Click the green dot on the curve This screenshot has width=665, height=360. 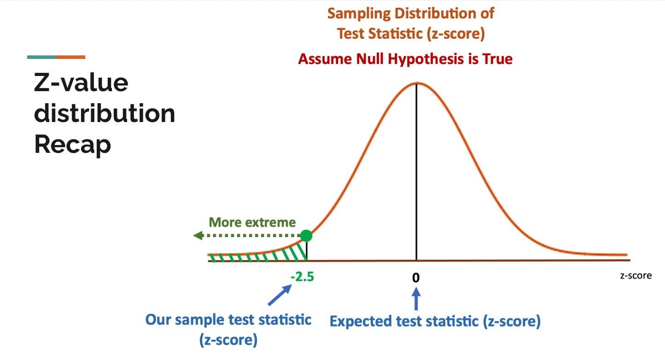(306, 236)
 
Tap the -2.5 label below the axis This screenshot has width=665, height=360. (302, 277)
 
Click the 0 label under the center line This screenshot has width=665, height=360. (416, 278)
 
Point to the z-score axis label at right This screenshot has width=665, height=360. (636, 276)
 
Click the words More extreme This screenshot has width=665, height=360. (252, 222)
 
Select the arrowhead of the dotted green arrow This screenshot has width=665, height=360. (198, 236)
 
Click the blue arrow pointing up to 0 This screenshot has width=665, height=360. (416, 299)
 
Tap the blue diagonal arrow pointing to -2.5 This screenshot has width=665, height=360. (280, 295)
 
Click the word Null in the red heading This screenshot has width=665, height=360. (371, 59)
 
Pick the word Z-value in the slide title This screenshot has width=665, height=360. (81, 82)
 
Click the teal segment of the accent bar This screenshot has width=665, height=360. (42, 57)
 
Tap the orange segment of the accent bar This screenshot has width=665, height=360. (71, 57)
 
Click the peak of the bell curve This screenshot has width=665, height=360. (416, 83)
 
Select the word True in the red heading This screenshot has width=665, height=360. (497, 59)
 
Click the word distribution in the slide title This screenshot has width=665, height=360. (105, 113)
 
